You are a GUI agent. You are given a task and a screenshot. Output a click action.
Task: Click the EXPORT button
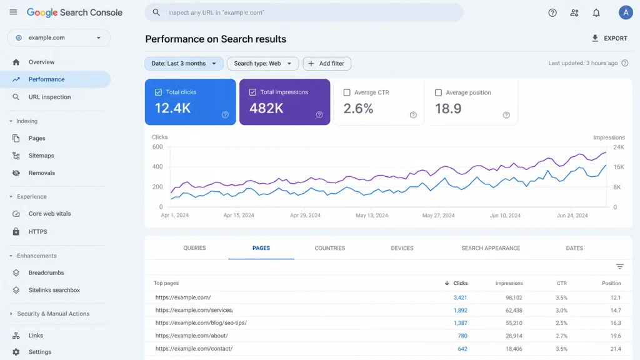coord(609,38)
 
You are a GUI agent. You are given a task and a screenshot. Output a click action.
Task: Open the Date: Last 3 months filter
coord(184,64)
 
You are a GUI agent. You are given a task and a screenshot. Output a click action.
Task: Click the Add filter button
coord(326,64)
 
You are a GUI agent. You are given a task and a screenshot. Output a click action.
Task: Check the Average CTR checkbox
coord(347,92)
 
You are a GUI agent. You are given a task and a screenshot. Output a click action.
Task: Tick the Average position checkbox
coord(438,92)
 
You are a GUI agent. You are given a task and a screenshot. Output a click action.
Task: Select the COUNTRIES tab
coord(330,248)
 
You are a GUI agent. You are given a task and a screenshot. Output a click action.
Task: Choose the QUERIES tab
coord(194,248)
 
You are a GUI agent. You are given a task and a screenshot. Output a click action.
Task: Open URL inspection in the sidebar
coord(49,97)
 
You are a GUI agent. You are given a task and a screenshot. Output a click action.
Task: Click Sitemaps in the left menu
coord(41,156)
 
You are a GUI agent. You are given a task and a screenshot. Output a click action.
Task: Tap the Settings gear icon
coord(16,352)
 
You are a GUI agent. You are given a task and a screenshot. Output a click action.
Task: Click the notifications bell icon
coord(596,12)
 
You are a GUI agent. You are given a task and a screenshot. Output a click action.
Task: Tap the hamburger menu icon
coord(14,12)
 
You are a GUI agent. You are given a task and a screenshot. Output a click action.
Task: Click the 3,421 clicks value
coord(460,298)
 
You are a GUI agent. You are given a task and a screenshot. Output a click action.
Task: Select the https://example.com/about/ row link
coord(191,336)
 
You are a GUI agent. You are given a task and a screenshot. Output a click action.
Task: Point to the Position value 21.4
coord(616,349)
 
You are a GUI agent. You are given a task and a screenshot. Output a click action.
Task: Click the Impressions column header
coord(509,283)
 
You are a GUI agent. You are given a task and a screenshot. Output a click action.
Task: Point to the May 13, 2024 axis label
coord(371,216)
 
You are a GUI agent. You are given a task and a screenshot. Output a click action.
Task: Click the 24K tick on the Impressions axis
coord(619,147)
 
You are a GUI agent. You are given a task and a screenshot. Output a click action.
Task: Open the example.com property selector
coord(59,37)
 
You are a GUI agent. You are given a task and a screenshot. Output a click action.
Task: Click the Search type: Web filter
coord(263,64)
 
